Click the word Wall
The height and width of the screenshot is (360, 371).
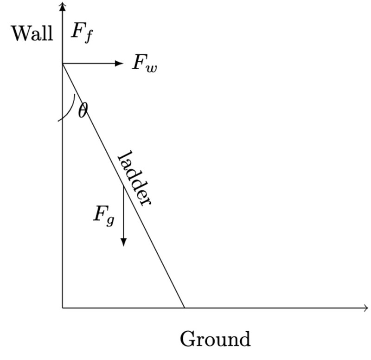click(32, 33)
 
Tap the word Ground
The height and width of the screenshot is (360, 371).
click(215, 339)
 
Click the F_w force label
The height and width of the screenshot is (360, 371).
click(144, 63)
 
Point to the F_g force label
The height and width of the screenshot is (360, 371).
click(103, 214)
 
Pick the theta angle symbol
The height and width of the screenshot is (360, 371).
click(83, 110)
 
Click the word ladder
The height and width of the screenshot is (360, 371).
click(135, 179)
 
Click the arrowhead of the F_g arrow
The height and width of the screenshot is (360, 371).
click(123, 241)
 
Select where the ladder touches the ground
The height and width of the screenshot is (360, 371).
click(185, 307)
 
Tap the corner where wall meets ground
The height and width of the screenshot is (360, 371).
click(62, 307)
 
